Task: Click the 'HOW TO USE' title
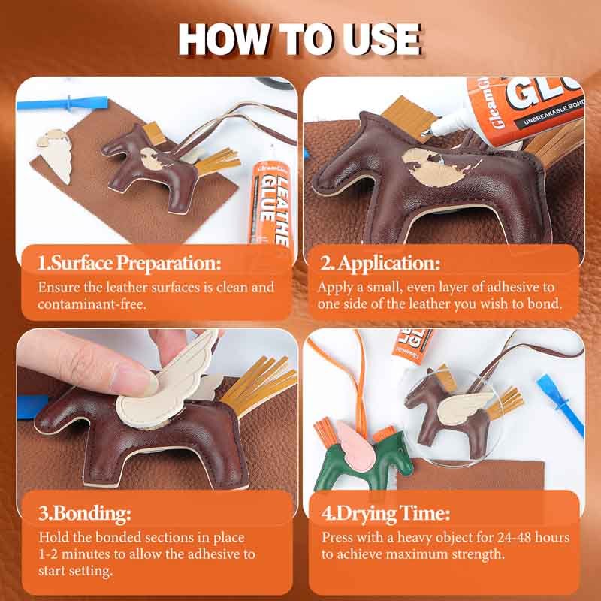coord(300,39)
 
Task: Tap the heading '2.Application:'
coord(379,264)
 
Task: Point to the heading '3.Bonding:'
coord(85,514)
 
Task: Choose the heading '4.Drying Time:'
coord(385,514)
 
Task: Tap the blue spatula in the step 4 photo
coord(560,403)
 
